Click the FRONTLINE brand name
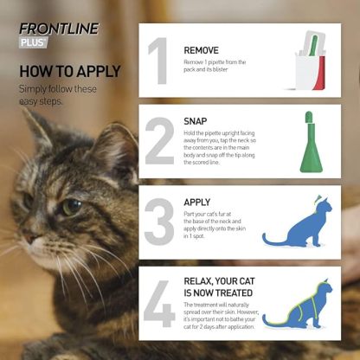(x=59, y=27)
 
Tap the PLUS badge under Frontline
(x=33, y=42)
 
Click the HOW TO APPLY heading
(x=69, y=70)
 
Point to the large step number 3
(x=159, y=221)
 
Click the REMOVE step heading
(x=202, y=50)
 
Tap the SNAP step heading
(x=196, y=120)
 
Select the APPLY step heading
(x=197, y=202)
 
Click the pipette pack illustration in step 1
(x=310, y=62)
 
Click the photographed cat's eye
(x=70, y=207)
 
